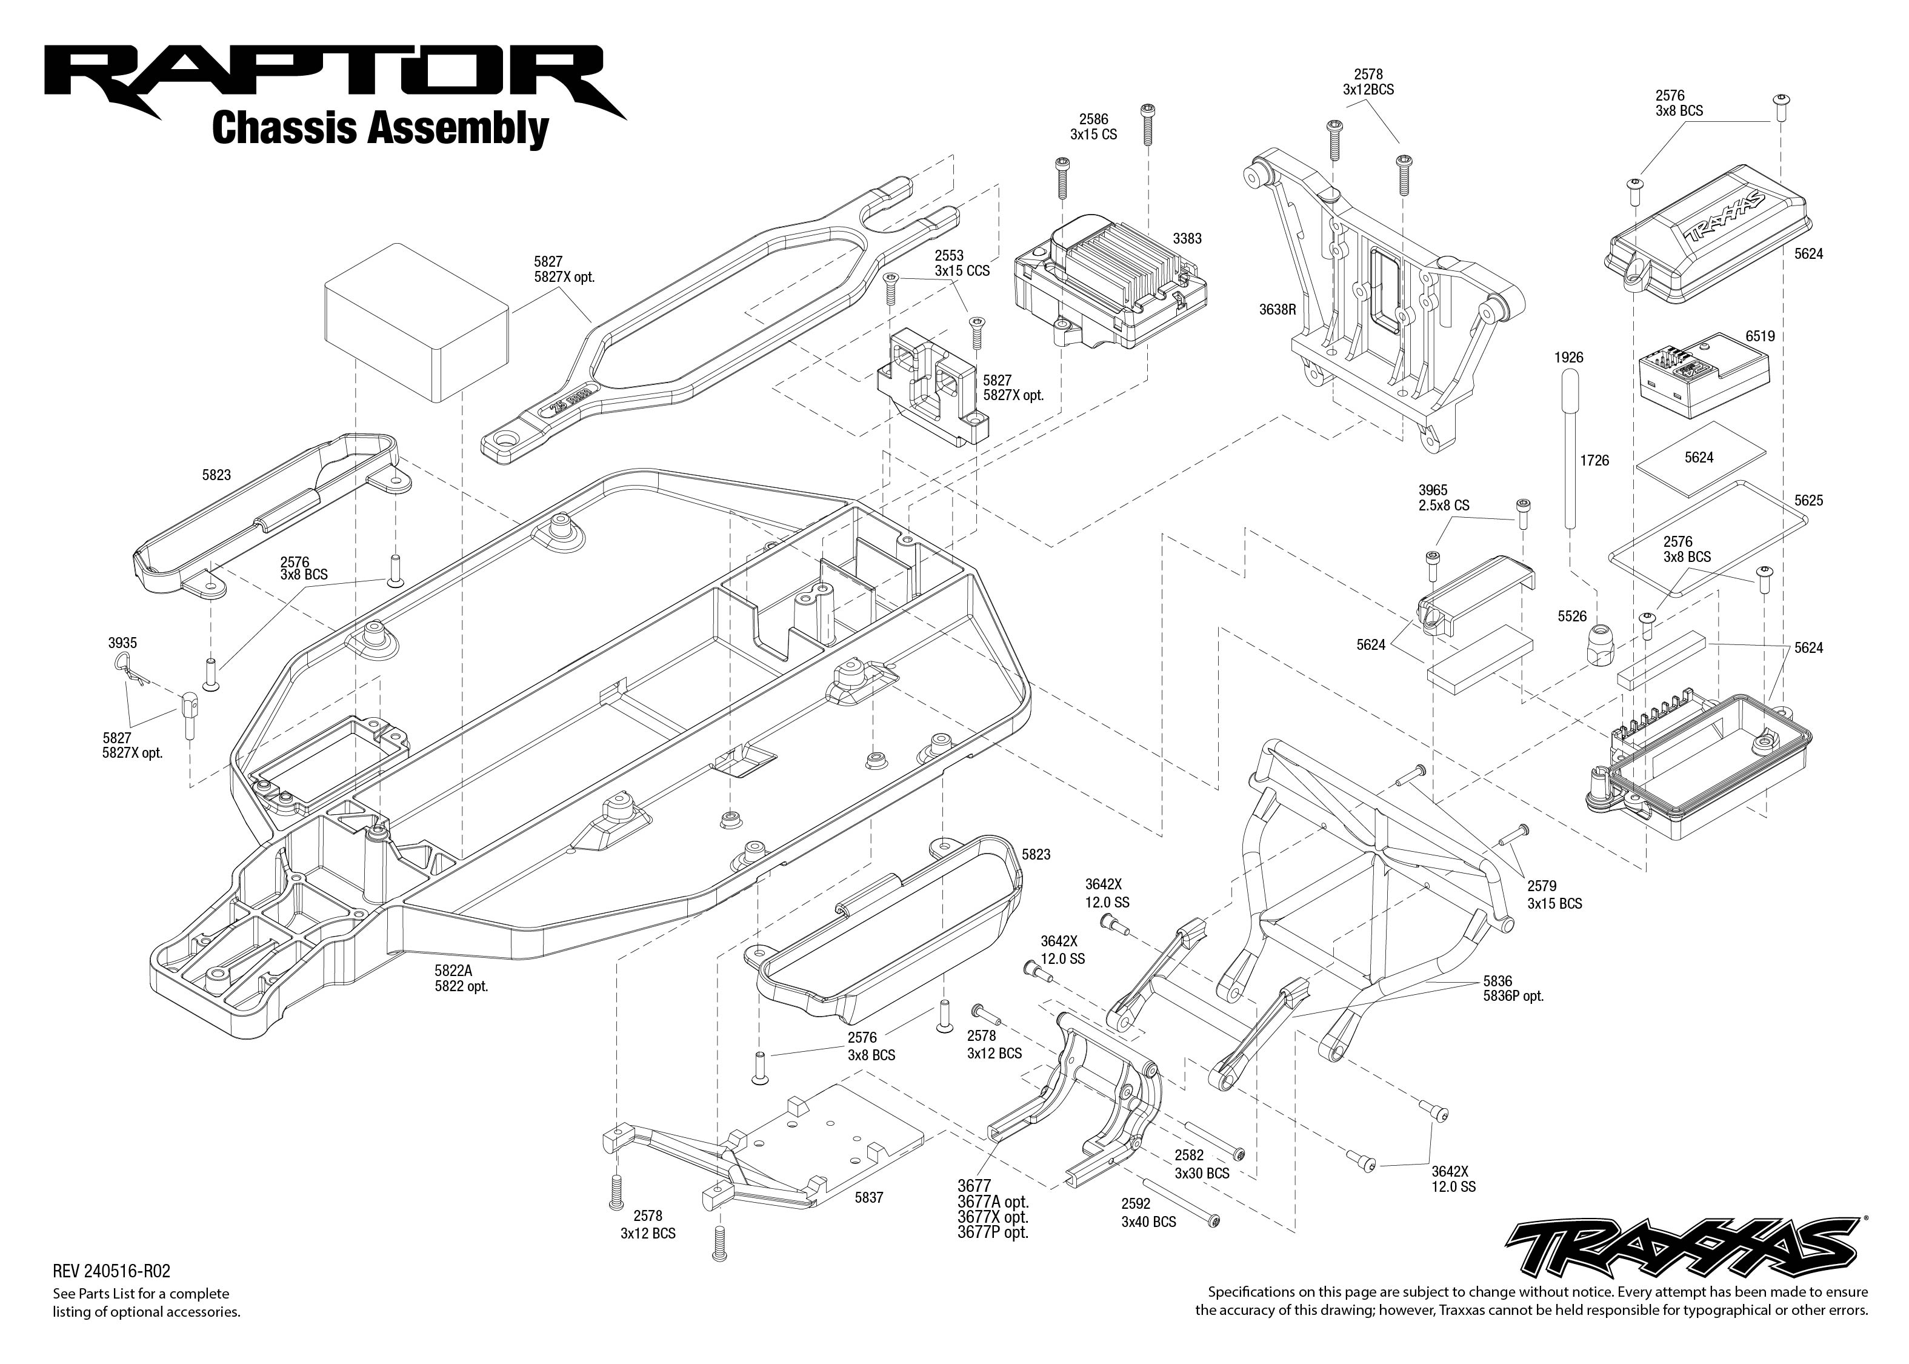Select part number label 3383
point(1187,238)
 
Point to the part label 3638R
point(1277,309)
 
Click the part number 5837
point(869,1198)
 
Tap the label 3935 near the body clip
point(122,643)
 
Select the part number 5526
point(1573,617)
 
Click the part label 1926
point(1568,358)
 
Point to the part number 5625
point(1808,501)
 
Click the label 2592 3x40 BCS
point(1148,1213)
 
